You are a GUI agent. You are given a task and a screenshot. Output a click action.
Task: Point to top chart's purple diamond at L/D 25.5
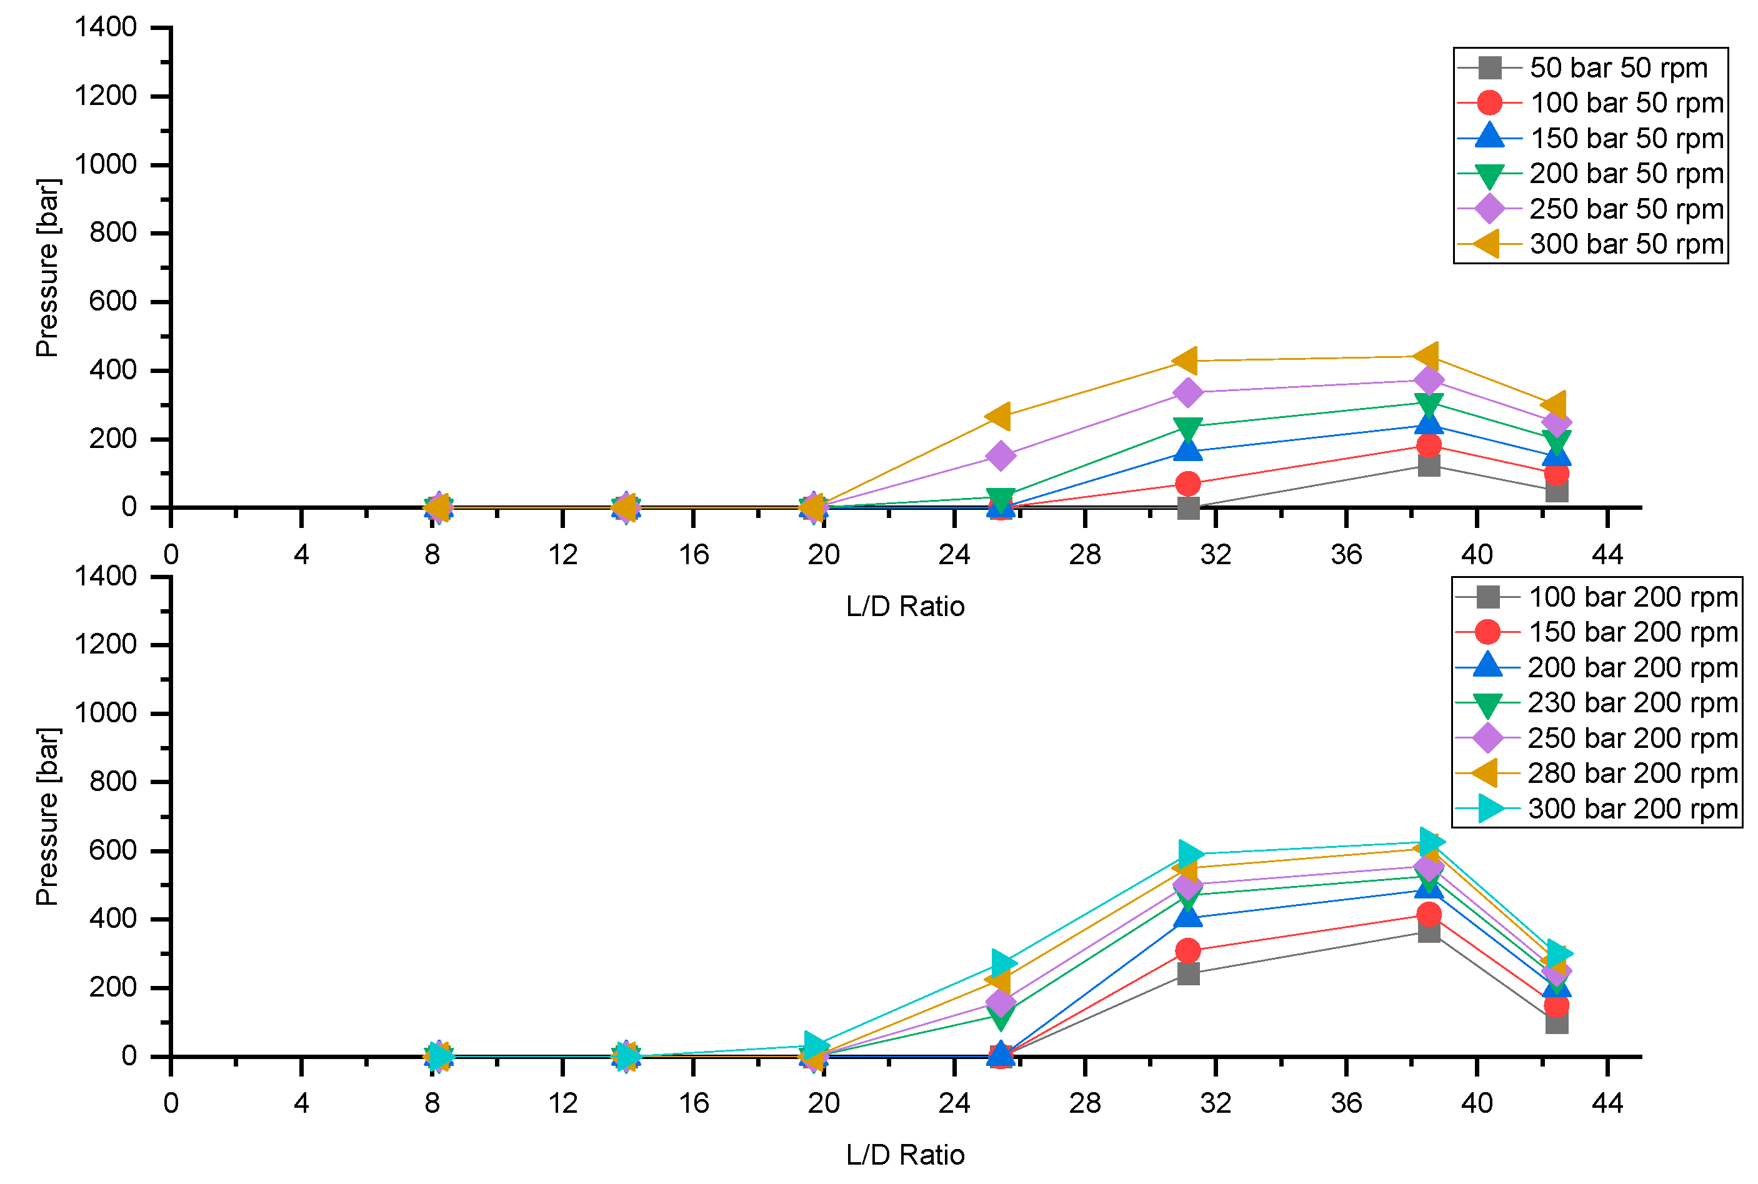pos(1001,456)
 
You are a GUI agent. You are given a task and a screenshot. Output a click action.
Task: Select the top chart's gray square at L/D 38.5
pos(1428,464)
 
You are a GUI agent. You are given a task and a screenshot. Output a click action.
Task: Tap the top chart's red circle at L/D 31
pos(1187,483)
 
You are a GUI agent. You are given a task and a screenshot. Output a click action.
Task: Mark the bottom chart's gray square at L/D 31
pos(1188,973)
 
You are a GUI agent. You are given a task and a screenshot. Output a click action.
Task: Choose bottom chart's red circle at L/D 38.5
pos(1428,915)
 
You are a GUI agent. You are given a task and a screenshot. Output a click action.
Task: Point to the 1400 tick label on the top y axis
pos(106,27)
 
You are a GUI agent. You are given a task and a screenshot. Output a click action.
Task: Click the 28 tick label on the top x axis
pos(1084,555)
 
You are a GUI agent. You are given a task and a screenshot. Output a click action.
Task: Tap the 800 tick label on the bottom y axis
pos(112,782)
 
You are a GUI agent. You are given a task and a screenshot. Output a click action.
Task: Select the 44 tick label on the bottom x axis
pos(1606,1103)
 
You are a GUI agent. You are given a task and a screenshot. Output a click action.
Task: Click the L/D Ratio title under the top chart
pos(905,606)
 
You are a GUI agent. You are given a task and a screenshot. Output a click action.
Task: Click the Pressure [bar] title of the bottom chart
pos(47,816)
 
